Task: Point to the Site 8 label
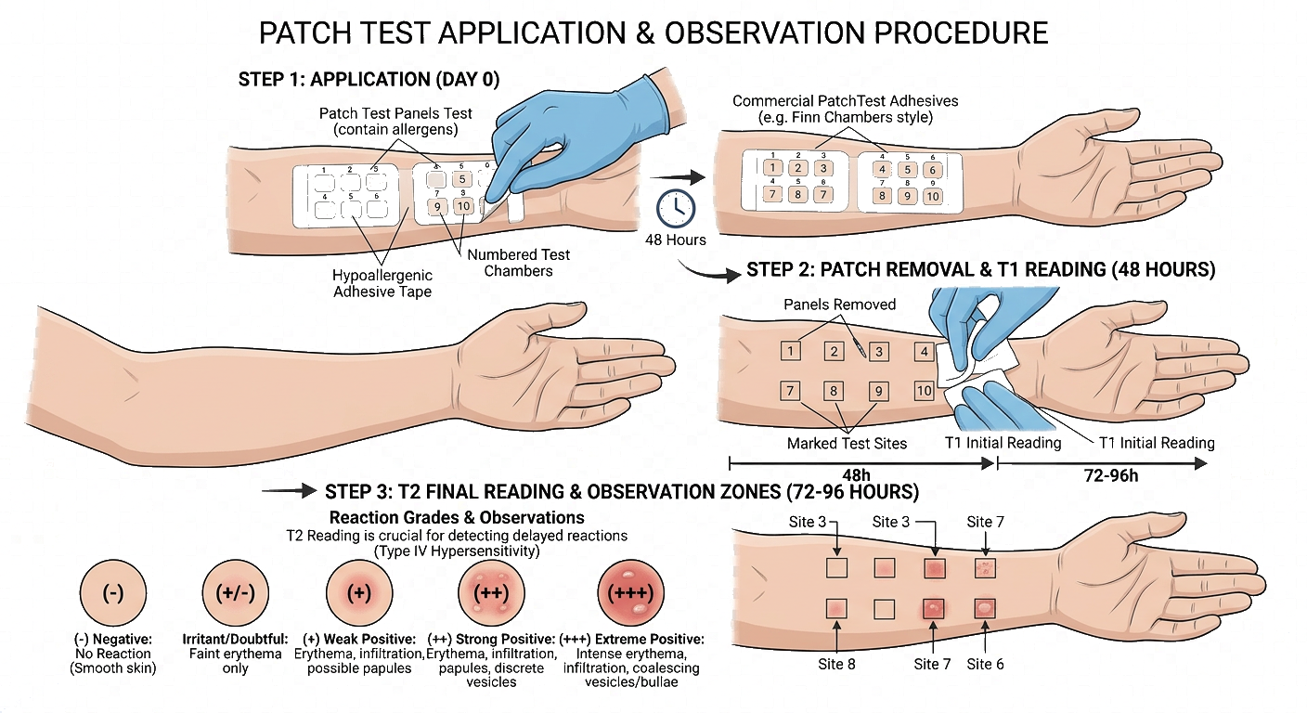coord(844,664)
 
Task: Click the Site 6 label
coord(985,664)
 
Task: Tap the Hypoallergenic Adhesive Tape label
coord(382,284)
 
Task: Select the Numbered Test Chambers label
coord(519,263)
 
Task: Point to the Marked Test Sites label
coord(847,443)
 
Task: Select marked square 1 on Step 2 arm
coord(790,351)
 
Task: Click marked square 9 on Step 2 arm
coord(875,392)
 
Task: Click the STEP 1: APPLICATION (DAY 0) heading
coord(369,80)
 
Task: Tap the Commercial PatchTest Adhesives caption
coord(845,109)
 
